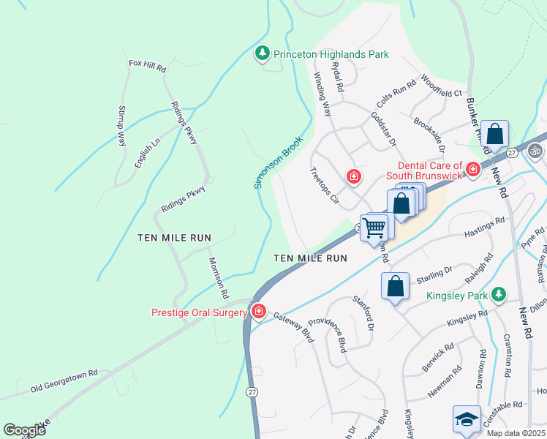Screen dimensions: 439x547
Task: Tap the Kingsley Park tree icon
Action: pos(499,294)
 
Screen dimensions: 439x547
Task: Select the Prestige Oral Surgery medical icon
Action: pos(258,312)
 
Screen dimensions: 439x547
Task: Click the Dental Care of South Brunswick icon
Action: pos(473,170)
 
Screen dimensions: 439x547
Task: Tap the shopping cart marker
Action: pos(374,227)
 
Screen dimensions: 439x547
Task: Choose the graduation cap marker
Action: pos(467,420)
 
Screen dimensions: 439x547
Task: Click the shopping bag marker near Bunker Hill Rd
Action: pos(495,135)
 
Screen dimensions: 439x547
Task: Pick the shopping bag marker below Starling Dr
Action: pos(395,287)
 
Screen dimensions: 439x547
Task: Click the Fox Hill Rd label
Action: pos(148,64)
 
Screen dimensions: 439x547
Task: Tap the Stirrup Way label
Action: pos(122,126)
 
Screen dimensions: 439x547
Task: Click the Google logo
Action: pos(25,430)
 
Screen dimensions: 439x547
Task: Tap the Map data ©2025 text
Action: pos(515,433)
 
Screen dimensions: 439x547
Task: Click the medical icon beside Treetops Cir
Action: pos(353,176)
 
